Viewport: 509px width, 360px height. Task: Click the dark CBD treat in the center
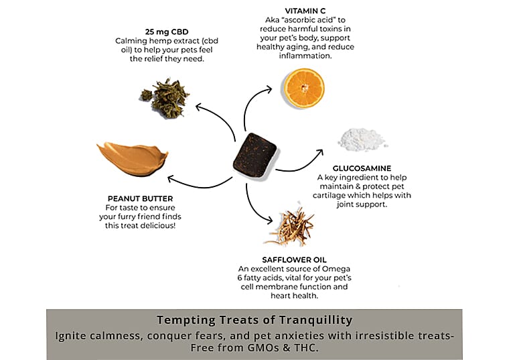click(x=254, y=153)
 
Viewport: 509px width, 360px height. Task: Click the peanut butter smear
click(x=132, y=157)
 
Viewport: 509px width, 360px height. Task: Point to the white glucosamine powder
click(x=362, y=139)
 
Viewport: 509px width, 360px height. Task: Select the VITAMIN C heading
click(x=289, y=11)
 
